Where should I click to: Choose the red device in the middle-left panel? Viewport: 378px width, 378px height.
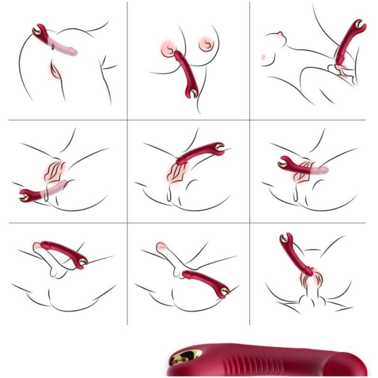33,194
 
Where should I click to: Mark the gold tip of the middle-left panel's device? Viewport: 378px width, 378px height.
24,196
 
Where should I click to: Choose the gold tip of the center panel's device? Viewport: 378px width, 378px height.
220,146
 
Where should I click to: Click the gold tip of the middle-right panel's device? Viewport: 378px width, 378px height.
283,161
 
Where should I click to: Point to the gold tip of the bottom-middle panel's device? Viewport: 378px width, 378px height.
223,292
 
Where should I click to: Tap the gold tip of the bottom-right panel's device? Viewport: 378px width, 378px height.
283,237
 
